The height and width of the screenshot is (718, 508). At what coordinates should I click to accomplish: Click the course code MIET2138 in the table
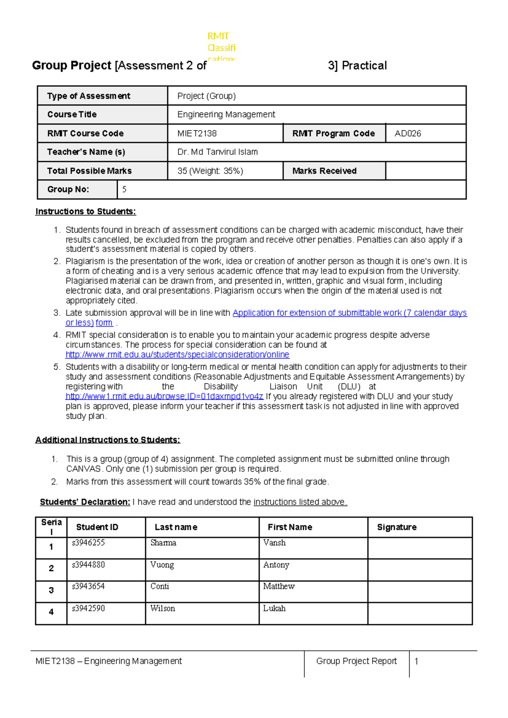click(x=197, y=133)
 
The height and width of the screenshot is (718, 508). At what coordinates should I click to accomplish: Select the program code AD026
click(x=407, y=133)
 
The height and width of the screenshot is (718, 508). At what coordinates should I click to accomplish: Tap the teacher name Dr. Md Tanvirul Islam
click(x=217, y=152)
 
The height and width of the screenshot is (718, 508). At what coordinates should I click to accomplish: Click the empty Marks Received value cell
click(x=425, y=171)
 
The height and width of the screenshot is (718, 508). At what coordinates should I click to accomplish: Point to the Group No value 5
click(x=124, y=189)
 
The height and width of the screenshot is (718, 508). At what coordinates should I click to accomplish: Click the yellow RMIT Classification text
click(x=221, y=47)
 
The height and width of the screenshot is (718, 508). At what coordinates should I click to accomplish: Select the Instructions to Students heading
click(x=86, y=211)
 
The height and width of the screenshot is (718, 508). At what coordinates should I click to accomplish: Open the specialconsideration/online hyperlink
click(x=177, y=354)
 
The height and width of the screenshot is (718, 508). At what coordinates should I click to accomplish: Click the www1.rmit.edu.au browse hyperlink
click(x=164, y=396)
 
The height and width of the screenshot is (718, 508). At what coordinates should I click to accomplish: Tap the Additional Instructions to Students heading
click(x=108, y=440)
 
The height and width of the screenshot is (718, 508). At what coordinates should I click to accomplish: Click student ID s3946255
click(x=88, y=543)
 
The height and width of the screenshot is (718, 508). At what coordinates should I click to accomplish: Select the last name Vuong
click(x=162, y=565)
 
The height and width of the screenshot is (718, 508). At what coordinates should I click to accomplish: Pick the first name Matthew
click(x=279, y=586)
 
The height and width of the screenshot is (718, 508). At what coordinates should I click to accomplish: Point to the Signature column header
click(x=396, y=527)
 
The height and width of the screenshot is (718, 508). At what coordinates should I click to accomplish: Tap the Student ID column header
click(x=97, y=527)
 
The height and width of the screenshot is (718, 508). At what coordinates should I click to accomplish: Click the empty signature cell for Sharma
click(x=420, y=548)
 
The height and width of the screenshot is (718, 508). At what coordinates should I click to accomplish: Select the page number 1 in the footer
click(x=416, y=661)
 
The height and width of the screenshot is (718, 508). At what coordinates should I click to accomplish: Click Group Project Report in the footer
click(x=356, y=661)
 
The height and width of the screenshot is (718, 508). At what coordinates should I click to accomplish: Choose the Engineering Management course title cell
click(x=226, y=114)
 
